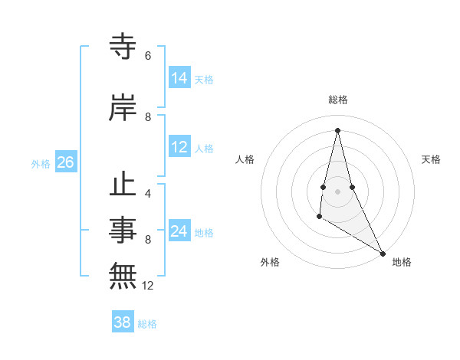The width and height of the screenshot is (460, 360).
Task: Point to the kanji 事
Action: coord(123,229)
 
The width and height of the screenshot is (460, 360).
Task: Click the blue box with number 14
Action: coord(179,78)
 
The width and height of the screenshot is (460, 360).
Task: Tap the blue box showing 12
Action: coord(179,148)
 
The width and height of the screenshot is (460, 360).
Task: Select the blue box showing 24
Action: coord(179,232)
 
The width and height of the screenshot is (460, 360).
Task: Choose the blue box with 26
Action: coord(66,162)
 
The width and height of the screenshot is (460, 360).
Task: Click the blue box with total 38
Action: coord(123,322)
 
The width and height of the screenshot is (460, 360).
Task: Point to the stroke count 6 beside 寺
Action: coord(148,56)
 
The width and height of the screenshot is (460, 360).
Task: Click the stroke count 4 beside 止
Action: coord(148,194)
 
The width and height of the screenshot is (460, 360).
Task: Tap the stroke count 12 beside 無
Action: coord(149,286)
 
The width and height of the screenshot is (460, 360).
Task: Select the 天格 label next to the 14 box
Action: coord(204,79)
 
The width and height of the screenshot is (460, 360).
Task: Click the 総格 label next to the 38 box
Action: coord(147,324)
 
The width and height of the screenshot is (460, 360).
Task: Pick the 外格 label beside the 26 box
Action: coord(41,163)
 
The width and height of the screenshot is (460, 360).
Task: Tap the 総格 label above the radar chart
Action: coord(338,100)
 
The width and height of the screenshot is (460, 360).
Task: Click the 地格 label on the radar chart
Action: coord(402,262)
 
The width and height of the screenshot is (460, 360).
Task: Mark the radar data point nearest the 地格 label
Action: coord(383,254)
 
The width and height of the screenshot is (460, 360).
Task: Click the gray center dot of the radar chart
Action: coord(337,191)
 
